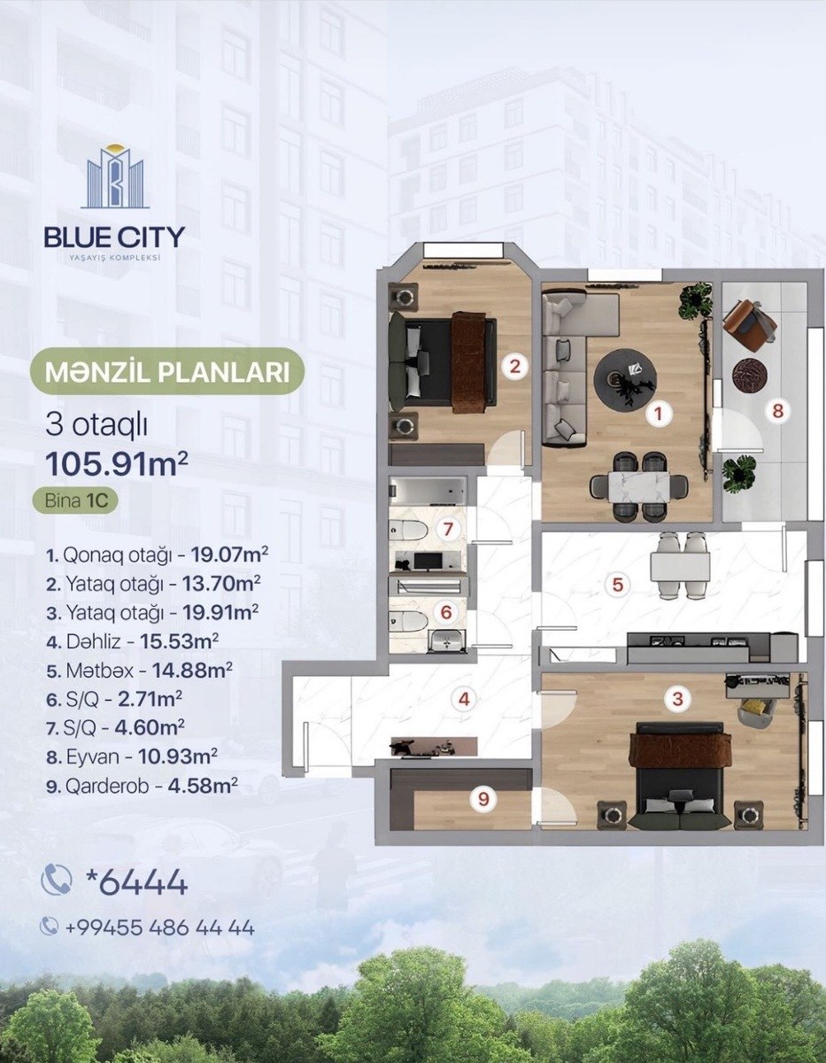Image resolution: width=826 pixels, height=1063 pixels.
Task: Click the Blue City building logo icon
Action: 115,176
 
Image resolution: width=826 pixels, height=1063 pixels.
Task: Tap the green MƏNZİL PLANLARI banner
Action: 167,371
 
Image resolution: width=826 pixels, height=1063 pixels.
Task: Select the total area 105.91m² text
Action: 117,464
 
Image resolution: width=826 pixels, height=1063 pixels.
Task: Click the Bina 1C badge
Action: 74,500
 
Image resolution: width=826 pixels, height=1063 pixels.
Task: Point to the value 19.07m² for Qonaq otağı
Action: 229,555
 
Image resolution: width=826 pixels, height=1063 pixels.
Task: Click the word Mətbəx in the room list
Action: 100,671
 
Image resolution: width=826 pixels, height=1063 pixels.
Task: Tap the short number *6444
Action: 136,882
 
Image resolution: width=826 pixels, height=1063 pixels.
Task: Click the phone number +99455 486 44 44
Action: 159,927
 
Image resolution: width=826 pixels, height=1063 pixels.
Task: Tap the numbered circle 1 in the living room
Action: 659,414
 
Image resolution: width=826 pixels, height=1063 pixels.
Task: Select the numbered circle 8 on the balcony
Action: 777,410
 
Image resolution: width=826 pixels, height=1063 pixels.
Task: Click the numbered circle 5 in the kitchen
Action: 618,585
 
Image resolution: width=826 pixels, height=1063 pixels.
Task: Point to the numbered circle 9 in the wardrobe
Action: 483,799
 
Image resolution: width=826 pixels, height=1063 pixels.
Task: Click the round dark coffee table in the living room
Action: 625,378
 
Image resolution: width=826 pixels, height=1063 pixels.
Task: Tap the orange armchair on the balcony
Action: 749,323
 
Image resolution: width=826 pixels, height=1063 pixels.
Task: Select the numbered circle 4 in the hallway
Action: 464,699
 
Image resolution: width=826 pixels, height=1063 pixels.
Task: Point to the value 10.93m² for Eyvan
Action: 178,757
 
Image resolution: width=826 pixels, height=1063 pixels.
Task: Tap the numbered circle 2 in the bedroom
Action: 514,366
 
